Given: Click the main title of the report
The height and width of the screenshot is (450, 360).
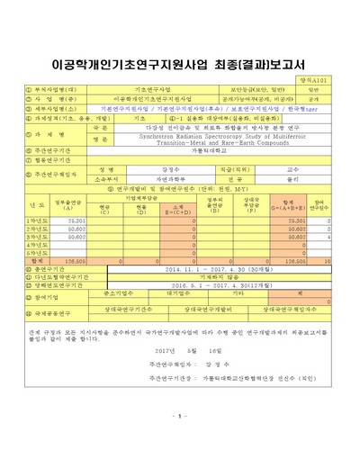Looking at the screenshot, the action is [x=179, y=65].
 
